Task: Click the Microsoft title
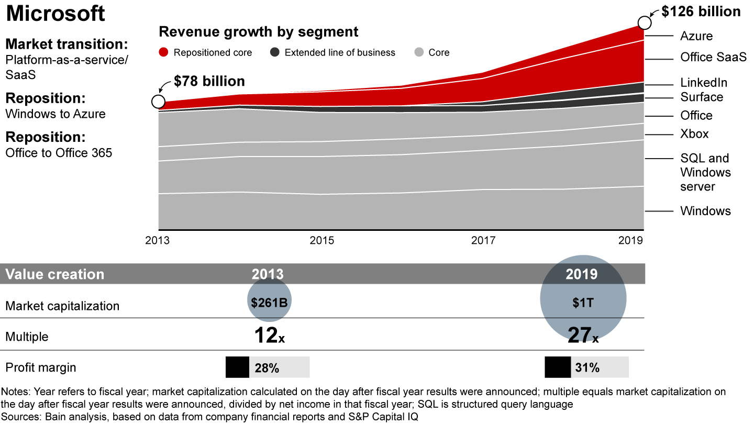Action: click(56, 14)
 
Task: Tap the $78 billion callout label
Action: click(209, 82)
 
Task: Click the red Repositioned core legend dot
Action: click(164, 52)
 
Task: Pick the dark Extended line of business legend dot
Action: click(274, 52)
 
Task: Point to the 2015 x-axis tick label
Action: click(322, 241)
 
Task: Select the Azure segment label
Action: click(696, 36)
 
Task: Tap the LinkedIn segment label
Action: click(703, 83)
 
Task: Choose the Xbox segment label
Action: click(694, 134)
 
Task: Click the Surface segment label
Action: click(702, 97)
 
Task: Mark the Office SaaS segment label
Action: click(713, 58)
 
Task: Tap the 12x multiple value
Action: click(269, 336)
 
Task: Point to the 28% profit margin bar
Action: click(268, 367)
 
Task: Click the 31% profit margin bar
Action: click(586, 367)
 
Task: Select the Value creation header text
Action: click(55, 274)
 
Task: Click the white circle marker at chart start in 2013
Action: click(158, 102)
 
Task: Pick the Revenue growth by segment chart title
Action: click(259, 32)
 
